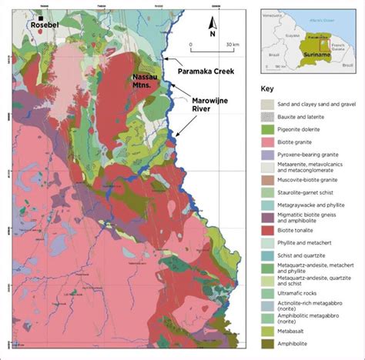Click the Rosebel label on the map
[x=43, y=25]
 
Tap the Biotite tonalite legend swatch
[x=267, y=229]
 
